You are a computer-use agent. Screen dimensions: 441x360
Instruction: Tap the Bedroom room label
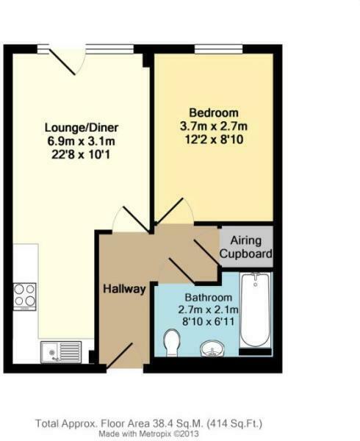(214, 112)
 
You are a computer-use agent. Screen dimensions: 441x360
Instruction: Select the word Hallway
(124, 289)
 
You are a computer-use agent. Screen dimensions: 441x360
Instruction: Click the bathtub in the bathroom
(256, 312)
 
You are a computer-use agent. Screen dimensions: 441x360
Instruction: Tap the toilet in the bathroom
(172, 342)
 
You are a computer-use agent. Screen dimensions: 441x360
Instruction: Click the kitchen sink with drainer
(62, 352)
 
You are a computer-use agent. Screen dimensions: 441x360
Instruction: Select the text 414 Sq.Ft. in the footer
(232, 423)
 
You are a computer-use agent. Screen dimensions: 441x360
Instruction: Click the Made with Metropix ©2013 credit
(149, 434)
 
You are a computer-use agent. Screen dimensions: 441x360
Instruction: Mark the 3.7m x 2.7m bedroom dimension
(214, 126)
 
